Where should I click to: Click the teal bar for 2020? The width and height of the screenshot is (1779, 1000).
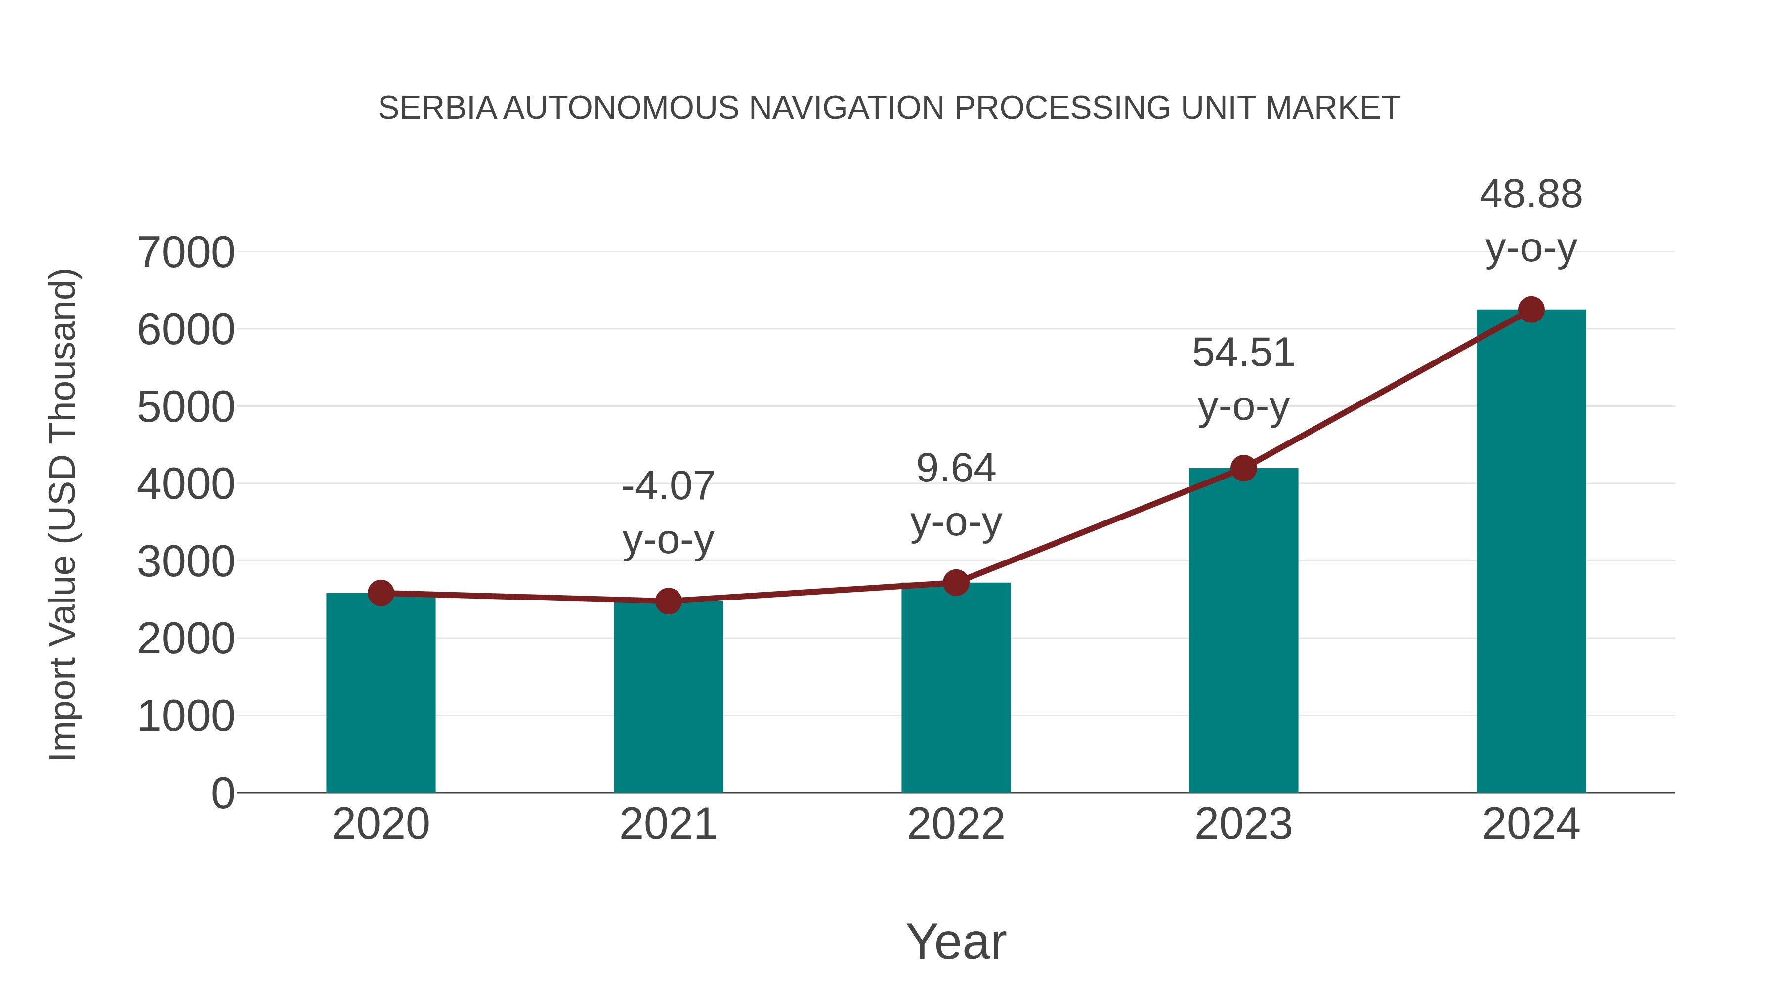(381, 694)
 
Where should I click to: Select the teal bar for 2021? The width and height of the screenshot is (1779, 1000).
(668, 697)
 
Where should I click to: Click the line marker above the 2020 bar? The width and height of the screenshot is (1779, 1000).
(381, 593)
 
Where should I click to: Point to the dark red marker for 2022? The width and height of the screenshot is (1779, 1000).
(956, 583)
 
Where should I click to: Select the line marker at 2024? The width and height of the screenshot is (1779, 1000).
(1531, 310)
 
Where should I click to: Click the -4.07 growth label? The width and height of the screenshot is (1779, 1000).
(668, 486)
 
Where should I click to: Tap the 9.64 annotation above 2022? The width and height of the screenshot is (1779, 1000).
(956, 469)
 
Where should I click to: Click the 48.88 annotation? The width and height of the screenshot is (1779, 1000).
(1531, 195)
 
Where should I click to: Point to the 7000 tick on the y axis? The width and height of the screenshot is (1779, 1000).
(186, 252)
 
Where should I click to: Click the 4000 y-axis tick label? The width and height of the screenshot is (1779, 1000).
(186, 484)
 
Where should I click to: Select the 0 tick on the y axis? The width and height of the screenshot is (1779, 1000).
(223, 794)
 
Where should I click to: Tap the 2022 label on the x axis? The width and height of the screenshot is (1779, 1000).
(956, 824)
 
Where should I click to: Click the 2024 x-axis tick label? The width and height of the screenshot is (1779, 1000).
(1531, 824)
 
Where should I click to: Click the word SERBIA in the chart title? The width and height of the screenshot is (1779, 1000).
(437, 108)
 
